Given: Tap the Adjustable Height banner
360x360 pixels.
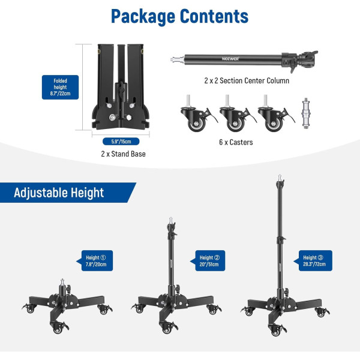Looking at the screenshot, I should [59, 193].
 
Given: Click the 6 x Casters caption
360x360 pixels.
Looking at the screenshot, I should [236, 142].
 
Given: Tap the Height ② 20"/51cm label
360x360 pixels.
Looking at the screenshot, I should [209, 260].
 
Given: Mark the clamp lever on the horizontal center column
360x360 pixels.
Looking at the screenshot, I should [308, 58].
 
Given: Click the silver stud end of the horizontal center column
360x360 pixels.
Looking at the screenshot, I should [176, 59].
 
